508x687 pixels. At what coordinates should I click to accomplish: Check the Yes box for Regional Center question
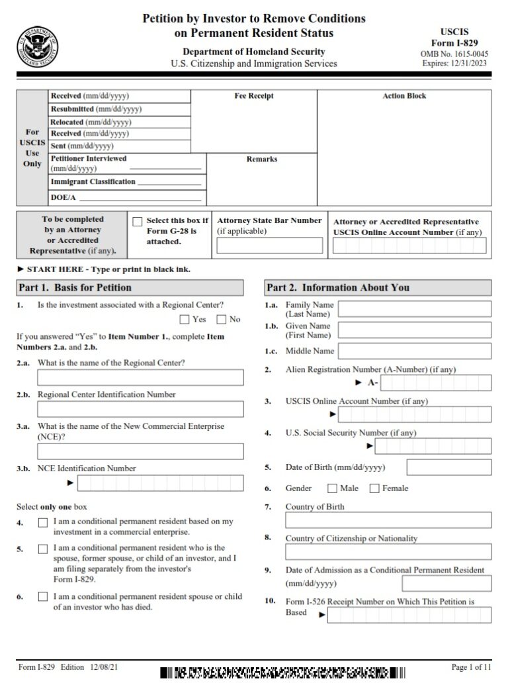185,320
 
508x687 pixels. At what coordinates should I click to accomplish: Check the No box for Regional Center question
222,320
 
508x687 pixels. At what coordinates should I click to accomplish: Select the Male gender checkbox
332,488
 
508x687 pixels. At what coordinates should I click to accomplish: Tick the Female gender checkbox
374,488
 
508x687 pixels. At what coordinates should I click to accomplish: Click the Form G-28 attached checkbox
138,222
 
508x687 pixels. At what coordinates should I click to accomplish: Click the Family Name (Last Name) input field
415,309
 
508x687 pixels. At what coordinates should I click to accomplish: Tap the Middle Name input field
415,351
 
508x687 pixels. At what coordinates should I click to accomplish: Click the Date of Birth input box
448,467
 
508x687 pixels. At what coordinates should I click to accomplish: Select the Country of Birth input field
388,520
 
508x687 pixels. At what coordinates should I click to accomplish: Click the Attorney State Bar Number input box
270,246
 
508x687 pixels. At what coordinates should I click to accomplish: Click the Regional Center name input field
140,377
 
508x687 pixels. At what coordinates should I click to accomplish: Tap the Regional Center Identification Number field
140,409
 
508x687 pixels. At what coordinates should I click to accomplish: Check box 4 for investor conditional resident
43,523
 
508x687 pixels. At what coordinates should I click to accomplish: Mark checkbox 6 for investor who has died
43,597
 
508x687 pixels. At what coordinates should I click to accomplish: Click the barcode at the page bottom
282,674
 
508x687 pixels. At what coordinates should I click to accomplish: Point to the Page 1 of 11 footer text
471,668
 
